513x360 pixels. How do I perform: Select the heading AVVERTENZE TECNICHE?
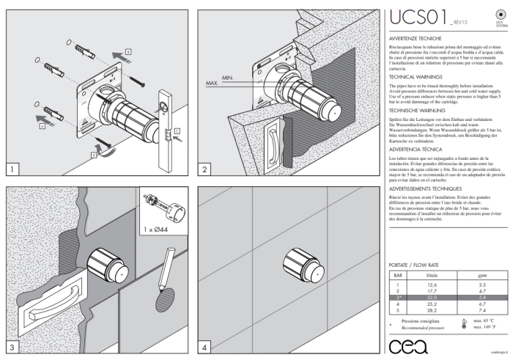[414, 36]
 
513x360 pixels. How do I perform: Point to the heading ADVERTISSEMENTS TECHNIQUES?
[426, 187]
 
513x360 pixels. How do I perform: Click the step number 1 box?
[12, 169]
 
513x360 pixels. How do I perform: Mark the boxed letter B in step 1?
[128, 53]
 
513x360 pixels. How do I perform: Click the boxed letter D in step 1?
[95, 155]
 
